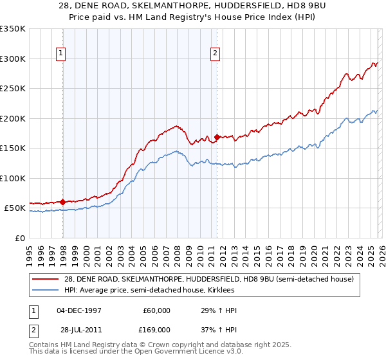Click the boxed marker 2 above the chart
coord(216,54)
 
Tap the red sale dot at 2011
coord(217,136)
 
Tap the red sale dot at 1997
coord(63,202)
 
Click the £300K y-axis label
coord(13,59)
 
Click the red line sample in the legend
coord(46,279)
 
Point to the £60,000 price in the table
coord(156,310)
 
